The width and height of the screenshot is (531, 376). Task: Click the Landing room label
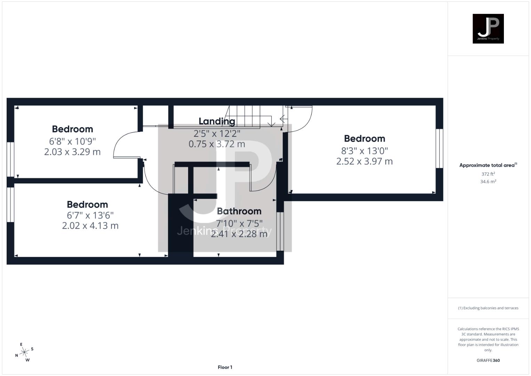(217, 122)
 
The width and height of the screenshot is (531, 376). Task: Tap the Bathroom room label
(239, 211)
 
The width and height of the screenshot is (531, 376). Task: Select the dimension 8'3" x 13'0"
(364, 151)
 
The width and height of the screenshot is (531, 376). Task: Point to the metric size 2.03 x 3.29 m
(72, 152)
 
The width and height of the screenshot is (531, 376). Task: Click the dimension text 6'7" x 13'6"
(90, 215)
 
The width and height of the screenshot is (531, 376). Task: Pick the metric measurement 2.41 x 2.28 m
(239, 234)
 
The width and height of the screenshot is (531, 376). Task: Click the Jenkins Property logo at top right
(488, 29)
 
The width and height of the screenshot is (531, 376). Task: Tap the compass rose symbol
(24, 352)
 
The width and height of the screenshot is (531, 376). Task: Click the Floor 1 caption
(225, 367)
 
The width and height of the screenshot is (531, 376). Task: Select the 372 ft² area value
(488, 174)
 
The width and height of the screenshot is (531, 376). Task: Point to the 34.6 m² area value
(488, 182)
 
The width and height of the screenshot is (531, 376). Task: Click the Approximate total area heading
(488, 165)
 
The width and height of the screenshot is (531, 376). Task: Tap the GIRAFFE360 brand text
(488, 360)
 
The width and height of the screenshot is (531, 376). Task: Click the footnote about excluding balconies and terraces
(488, 308)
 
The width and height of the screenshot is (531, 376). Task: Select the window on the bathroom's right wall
(280, 231)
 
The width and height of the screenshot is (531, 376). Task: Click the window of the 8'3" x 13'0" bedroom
(440, 149)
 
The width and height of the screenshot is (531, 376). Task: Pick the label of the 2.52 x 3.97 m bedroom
(364, 139)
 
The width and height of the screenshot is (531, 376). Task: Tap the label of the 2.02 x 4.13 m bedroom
(87, 204)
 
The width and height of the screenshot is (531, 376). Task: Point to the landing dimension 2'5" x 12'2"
(217, 133)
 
